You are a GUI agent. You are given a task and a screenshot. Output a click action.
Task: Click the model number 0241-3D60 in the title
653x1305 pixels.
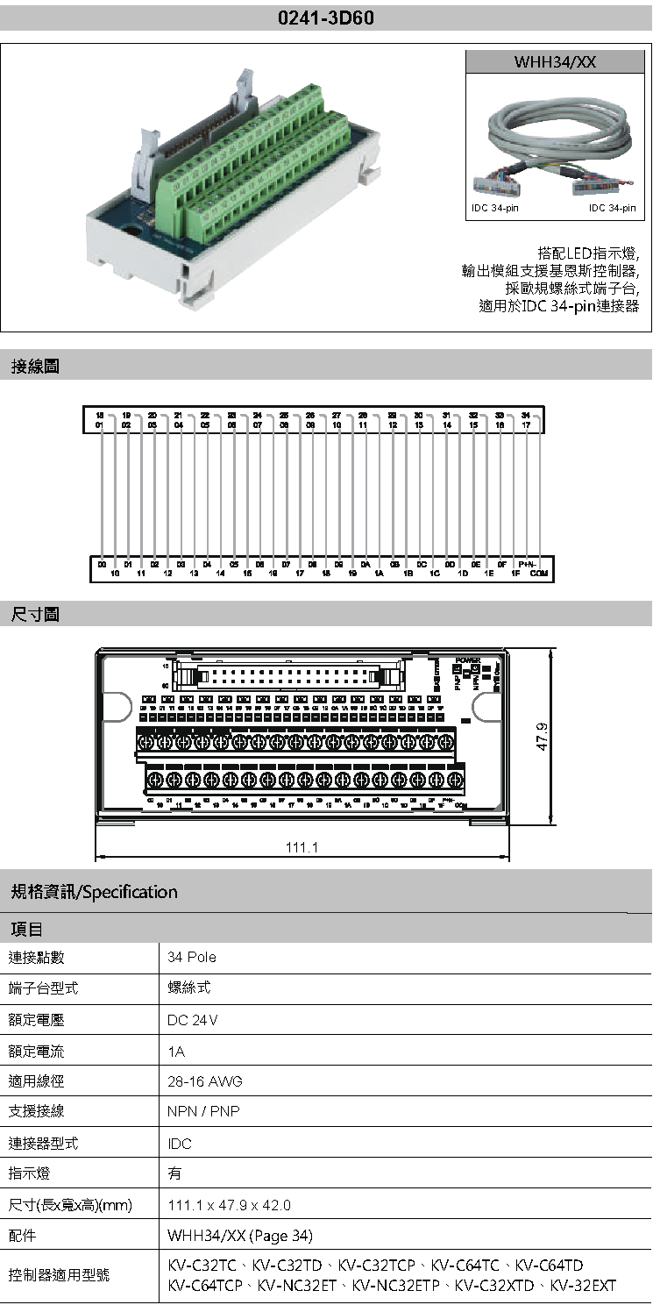(x=326, y=18)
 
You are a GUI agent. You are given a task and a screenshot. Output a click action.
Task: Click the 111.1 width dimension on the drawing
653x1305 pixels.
(x=302, y=846)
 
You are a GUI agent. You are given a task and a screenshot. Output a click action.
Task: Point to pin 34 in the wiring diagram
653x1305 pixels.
(x=525, y=414)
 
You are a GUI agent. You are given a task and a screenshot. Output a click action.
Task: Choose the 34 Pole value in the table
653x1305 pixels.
(x=192, y=957)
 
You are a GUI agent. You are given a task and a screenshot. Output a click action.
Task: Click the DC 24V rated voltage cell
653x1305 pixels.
(x=193, y=1020)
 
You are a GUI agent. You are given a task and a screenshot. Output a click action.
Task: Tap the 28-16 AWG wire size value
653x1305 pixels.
(x=205, y=1081)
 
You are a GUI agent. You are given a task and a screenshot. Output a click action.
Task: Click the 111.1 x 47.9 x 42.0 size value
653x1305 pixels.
(x=230, y=1205)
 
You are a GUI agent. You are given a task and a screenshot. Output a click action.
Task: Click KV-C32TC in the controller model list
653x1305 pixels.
(x=202, y=1266)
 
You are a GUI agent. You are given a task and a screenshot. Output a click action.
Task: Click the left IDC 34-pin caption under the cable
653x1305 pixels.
(x=495, y=208)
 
